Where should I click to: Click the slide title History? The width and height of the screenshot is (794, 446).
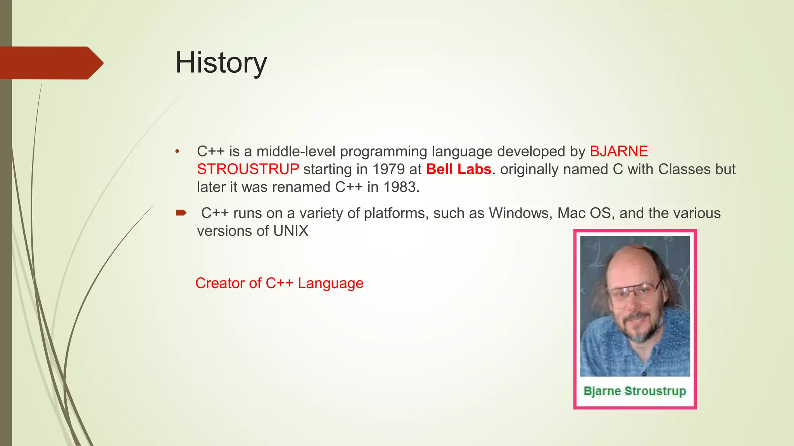(x=221, y=63)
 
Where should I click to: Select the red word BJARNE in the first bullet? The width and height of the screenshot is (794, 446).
(x=619, y=151)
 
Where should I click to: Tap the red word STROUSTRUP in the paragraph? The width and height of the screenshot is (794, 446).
(x=248, y=169)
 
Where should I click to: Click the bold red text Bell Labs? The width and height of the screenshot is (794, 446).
(x=459, y=169)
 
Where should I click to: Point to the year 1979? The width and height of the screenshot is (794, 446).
(x=388, y=169)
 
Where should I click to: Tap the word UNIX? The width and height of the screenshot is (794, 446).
(x=291, y=231)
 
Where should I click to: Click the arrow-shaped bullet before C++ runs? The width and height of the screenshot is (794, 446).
(x=181, y=213)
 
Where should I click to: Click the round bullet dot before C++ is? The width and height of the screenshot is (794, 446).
(x=177, y=151)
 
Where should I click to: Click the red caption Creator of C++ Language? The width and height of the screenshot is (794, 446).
(x=279, y=283)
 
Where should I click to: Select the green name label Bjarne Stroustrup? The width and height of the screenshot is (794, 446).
(x=635, y=391)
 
